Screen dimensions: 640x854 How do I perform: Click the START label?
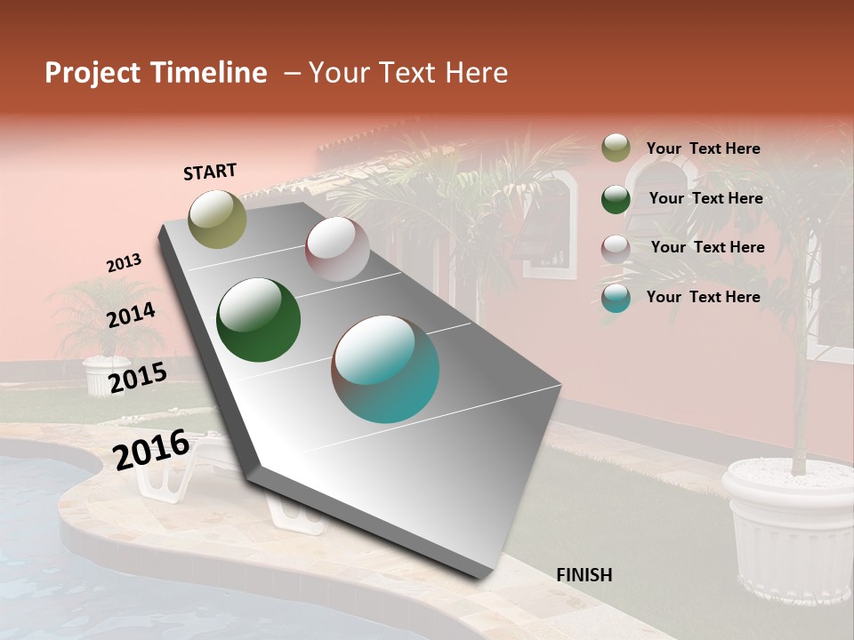(210, 172)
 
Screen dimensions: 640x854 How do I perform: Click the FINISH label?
(584, 574)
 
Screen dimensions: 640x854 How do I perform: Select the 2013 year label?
(124, 263)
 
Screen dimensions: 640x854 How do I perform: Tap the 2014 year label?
(131, 315)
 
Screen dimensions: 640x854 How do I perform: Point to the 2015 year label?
(137, 377)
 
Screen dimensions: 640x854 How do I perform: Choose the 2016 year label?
(151, 449)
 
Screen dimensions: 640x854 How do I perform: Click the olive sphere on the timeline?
(217, 219)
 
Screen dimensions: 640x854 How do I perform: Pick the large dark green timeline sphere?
(258, 320)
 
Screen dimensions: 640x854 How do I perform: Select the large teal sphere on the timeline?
(385, 368)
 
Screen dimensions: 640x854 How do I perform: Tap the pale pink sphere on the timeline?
(337, 249)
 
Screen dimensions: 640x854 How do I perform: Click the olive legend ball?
(616, 148)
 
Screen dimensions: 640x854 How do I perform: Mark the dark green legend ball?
(616, 198)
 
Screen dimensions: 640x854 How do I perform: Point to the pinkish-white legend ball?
(616, 248)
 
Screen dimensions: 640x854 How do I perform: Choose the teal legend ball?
(616, 298)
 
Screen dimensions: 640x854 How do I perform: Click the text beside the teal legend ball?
(703, 297)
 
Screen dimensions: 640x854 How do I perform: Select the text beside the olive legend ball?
(703, 148)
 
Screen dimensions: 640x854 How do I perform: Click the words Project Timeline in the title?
(156, 73)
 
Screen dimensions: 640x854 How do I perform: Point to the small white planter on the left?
(106, 374)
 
